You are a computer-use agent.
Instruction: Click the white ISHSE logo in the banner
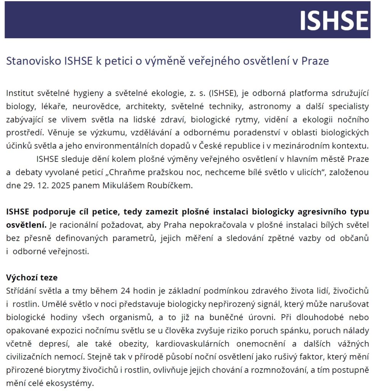coord(334,20)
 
